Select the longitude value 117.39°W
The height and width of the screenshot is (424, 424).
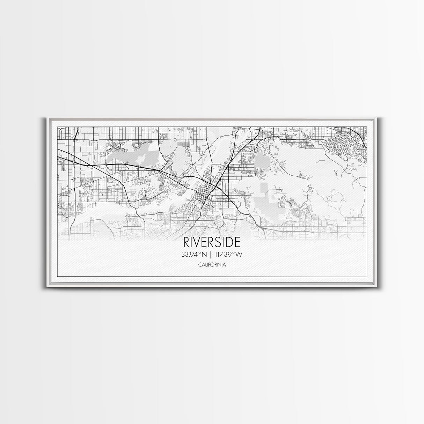coord(228,255)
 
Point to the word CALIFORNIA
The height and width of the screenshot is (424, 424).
coord(212,265)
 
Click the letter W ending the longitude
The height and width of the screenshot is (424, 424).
coord(239,255)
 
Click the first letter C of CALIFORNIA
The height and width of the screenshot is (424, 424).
coord(199,265)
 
